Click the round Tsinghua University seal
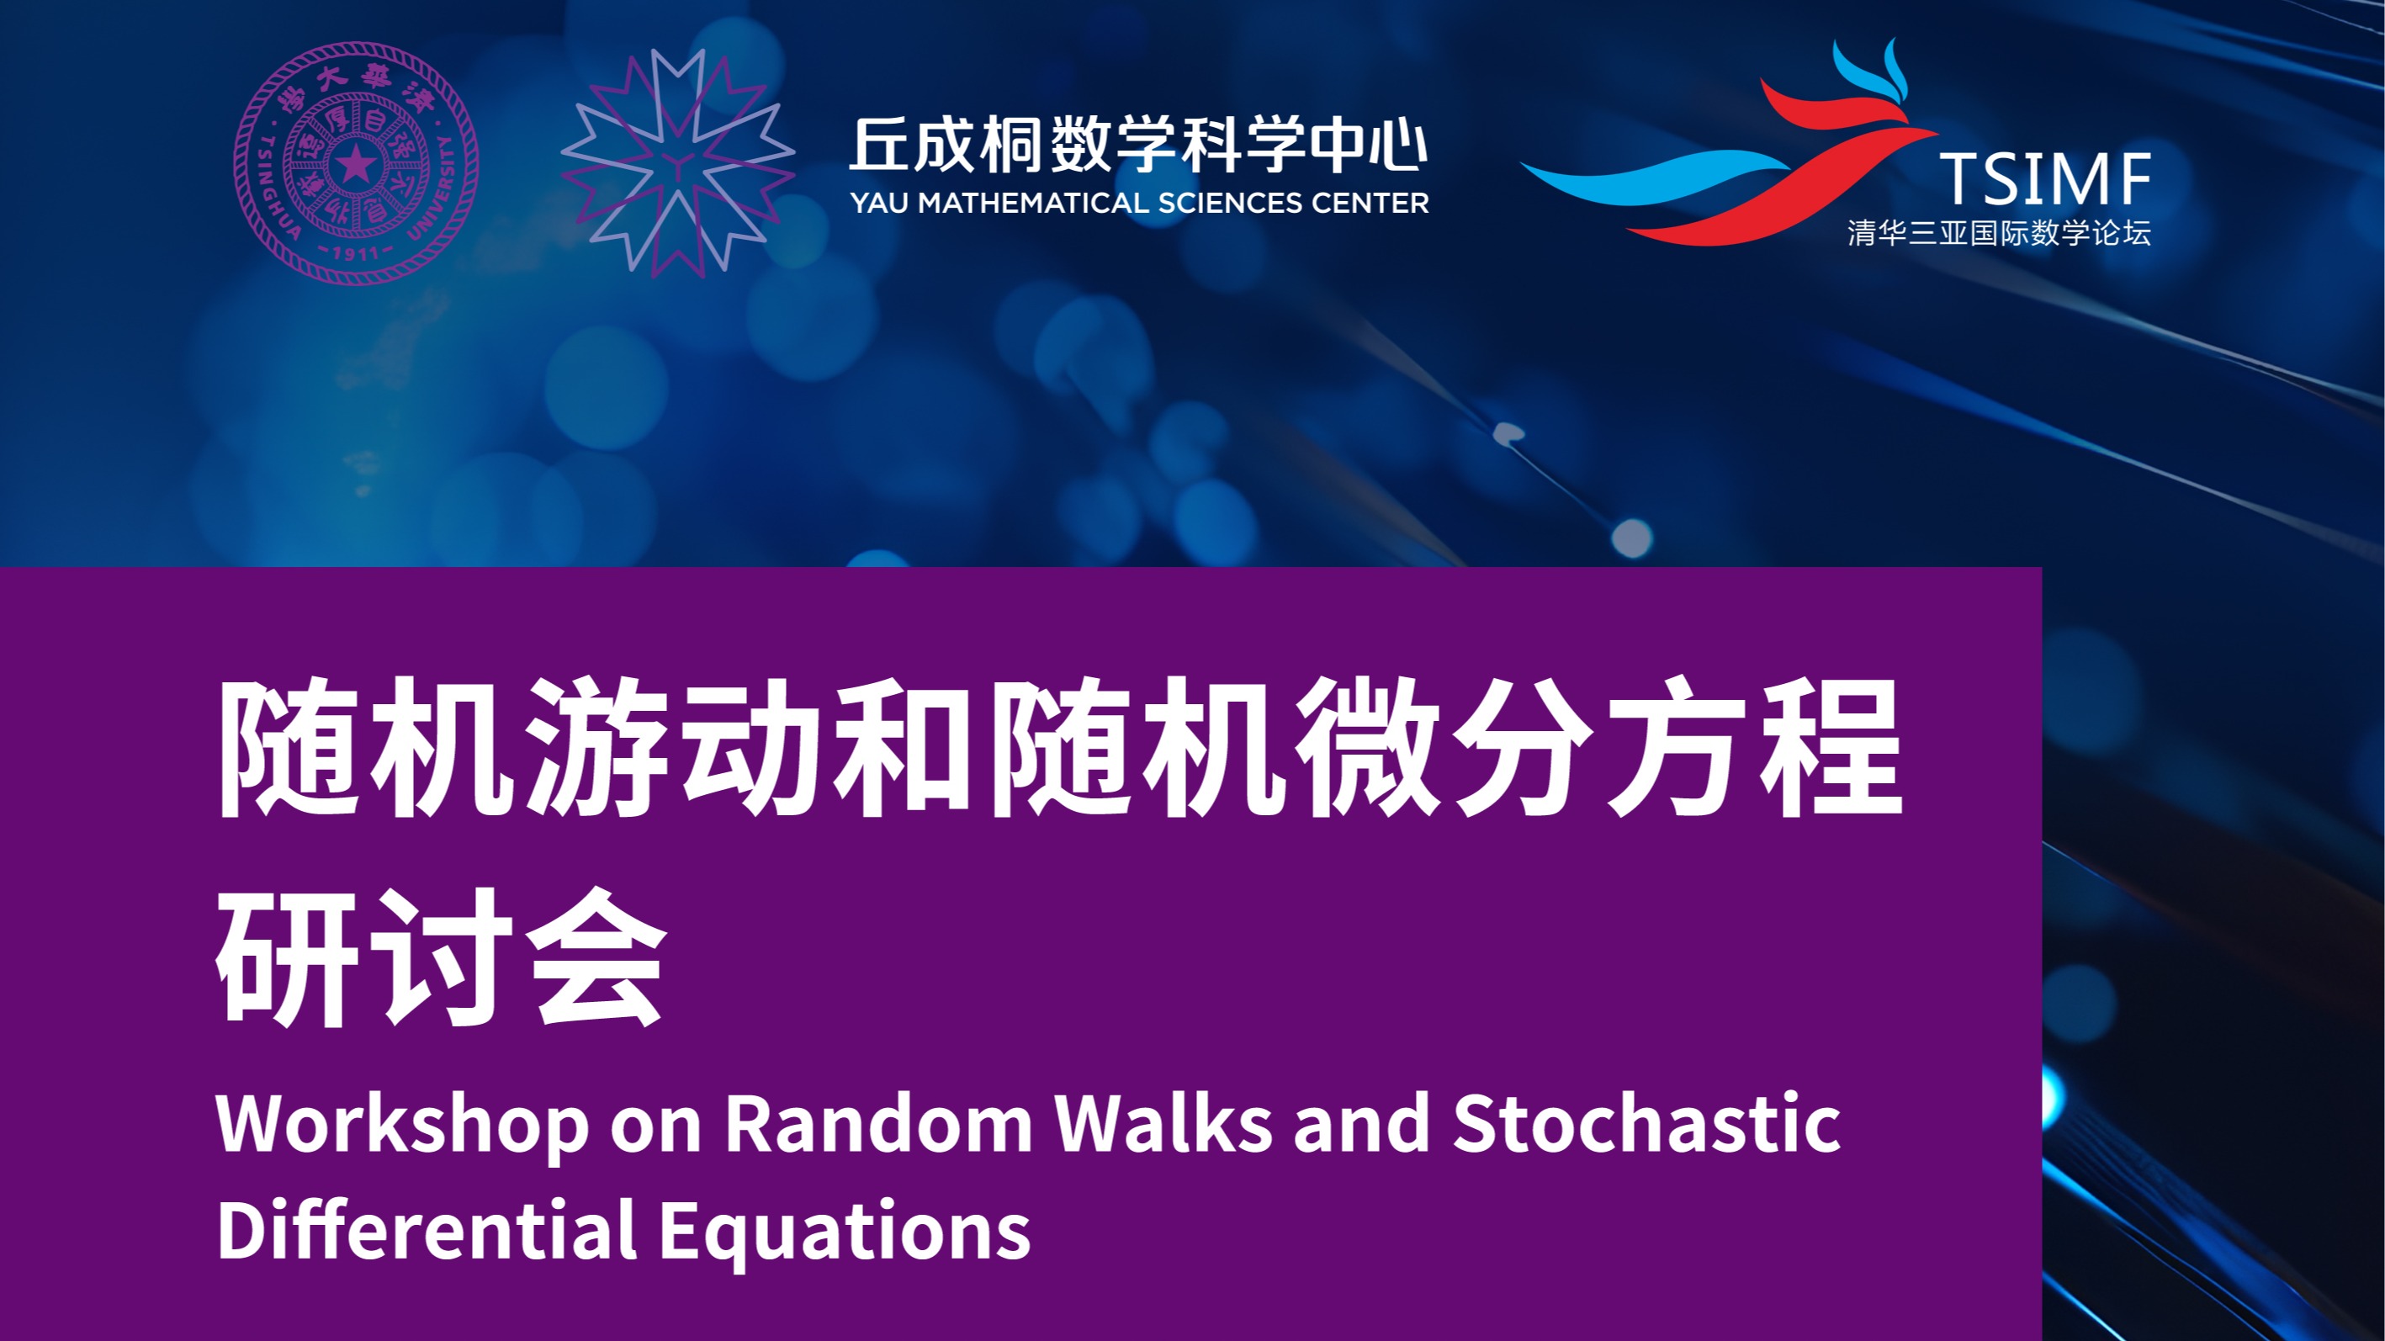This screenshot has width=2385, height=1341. (357, 163)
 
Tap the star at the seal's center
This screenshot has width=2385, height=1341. (357, 166)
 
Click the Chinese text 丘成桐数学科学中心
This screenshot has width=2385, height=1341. (1139, 146)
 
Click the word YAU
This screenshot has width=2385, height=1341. (880, 203)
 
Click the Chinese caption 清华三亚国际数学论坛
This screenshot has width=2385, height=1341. (1999, 232)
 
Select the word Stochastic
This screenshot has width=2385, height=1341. (1646, 1122)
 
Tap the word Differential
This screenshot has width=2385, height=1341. (427, 1229)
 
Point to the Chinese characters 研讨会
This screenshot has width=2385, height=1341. (442, 957)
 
